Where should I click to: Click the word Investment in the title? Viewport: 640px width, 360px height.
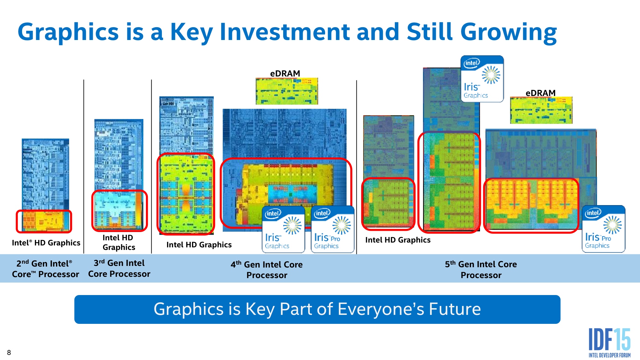285,32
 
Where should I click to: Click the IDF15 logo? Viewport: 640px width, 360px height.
610,342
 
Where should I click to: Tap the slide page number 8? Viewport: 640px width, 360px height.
9,353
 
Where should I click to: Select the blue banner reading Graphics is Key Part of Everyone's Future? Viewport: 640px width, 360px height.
317,309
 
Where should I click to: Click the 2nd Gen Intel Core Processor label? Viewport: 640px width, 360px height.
45,269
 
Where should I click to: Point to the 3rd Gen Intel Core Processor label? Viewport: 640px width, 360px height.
119,268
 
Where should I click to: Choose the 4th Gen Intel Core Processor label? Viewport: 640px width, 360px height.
267,269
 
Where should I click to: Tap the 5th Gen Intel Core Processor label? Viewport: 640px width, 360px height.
481,269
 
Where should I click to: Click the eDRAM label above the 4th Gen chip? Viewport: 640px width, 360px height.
285,74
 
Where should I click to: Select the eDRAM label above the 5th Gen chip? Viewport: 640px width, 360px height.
540,93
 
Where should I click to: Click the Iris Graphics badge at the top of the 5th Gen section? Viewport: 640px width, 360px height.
482,79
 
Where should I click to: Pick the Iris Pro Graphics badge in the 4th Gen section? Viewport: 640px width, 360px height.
333,229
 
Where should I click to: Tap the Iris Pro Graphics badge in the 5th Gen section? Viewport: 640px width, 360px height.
604,229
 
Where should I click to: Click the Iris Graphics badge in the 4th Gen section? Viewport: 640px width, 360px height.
284,229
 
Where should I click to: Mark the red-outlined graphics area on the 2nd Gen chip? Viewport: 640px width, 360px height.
44,221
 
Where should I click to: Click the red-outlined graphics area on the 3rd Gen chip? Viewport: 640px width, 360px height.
119,211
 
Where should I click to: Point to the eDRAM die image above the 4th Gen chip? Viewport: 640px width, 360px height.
287,91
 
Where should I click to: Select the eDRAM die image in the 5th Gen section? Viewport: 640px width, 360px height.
541,110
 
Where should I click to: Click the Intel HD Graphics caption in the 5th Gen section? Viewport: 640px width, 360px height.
398,240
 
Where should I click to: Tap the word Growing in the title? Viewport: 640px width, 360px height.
508,32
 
